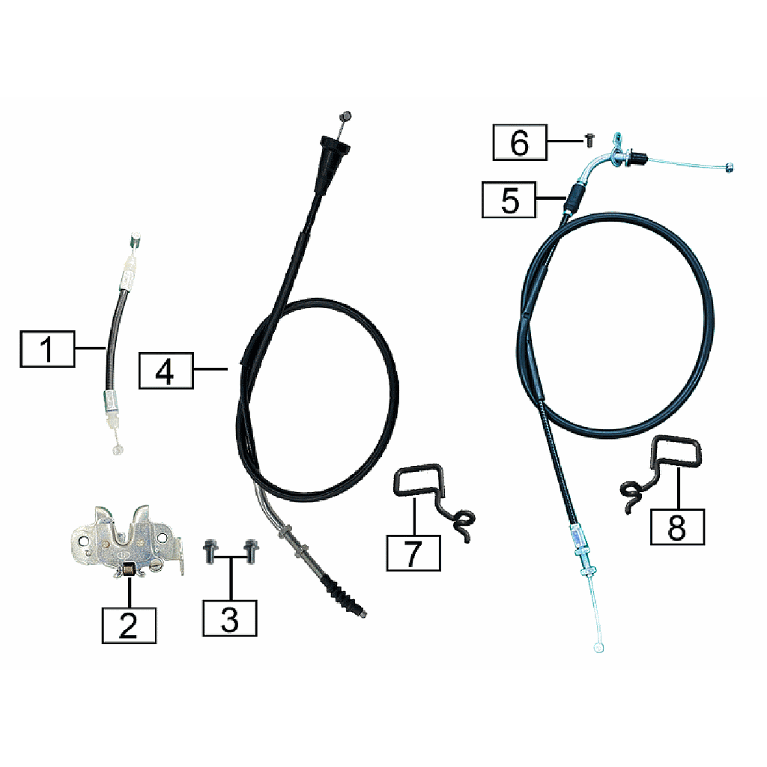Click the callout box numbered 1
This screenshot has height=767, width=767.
pyautogui.click(x=47, y=349)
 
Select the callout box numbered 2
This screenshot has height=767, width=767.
pyautogui.click(x=129, y=625)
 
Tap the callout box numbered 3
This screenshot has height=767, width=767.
pyautogui.click(x=230, y=618)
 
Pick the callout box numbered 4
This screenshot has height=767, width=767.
pyautogui.click(x=166, y=371)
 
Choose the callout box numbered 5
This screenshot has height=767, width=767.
pyautogui.click(x=509, y=199)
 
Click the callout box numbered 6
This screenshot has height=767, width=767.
pyautogui.click(x=520, y=142)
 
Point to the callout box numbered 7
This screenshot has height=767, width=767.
pyautogui.click(x=413, y=553)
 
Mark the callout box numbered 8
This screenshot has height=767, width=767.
pyautogui.click(x=677, y=527)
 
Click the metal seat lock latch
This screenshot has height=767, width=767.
pyautogui.click(x=128, y=542)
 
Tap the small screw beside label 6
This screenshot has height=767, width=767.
pyautogui.click(x=590, y=141)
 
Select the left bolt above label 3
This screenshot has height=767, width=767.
pyautogui.click(x=210, y=551)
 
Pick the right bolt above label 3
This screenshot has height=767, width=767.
pyautogui.click(x=251, y=551)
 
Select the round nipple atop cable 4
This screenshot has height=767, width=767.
pyautogui.click(x=345, y=117)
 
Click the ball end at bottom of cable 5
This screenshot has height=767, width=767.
pyautogui.click(x=598, y=648)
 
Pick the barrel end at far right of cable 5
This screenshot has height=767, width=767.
pyautogui.click(x=730, y=169)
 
